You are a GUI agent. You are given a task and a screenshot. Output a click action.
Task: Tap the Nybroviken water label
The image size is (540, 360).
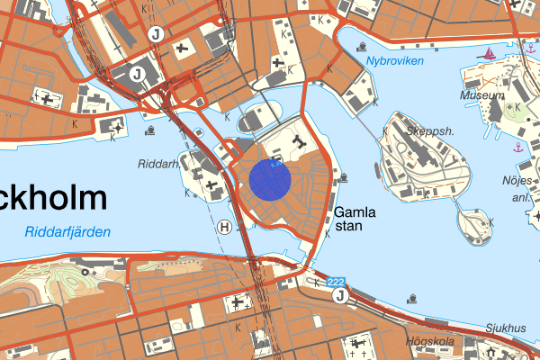coord(395,61)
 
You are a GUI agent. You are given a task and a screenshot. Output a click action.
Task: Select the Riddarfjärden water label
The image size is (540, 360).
coord(67,232)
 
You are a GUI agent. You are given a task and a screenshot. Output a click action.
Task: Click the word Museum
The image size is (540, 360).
coord(482,94)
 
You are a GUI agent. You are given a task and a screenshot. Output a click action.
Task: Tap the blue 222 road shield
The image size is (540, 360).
coord(337,282)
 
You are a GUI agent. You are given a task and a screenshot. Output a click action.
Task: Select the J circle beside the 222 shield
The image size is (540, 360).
coord(339,296)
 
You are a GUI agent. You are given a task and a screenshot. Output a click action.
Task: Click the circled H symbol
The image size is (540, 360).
coord(224,227)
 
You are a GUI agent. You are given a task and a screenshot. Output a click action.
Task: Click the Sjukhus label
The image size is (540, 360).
coord(505,328)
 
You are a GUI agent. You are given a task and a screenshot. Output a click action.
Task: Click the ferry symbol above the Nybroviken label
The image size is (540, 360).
coord(361,45)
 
